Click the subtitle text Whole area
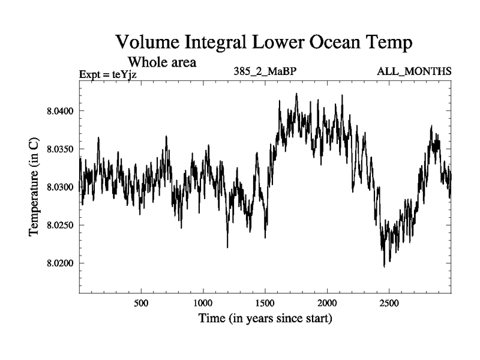(161, 62)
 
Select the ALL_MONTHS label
(414, 72)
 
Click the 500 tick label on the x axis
(141, 303)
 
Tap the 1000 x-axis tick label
(203, 303)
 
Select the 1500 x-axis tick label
(265, 303)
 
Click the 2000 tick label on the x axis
(327, 303)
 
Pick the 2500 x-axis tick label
(389, 303)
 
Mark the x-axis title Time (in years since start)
(265, 318)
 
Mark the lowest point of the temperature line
(384, 266)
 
